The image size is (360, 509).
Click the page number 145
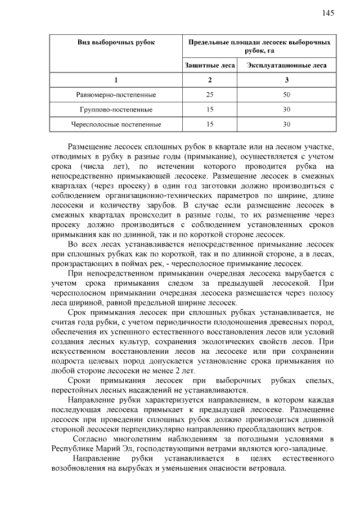pyautogui.click(x=328, y=13)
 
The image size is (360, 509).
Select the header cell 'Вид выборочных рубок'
pyautogui.click(x=116, y=43)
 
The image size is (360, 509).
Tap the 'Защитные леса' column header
pyautogui.click(x=210, y=65)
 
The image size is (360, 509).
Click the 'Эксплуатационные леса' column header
pyautogui.click(x=286, y=65)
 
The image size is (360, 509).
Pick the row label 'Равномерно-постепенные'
pyautogui.click(x=116, y=94)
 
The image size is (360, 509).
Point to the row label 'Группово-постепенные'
pyautogui.click(x=116, y=109)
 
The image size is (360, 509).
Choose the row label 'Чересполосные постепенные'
pyautogui.click(x=116, y=124)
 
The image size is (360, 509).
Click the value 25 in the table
pyautogui.click(x=210, y=94)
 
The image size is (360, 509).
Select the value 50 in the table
pyautogui.click(x=286, y=94)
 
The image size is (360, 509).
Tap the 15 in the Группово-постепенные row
pyautogui.click(x=210, y=109)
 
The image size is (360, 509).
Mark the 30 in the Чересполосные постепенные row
pyautogui.click(x=286, y=124)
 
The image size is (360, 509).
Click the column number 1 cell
pyautogui.click(x=116, y=80)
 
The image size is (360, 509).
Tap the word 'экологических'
pyautogui.click(x=236, y=341)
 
